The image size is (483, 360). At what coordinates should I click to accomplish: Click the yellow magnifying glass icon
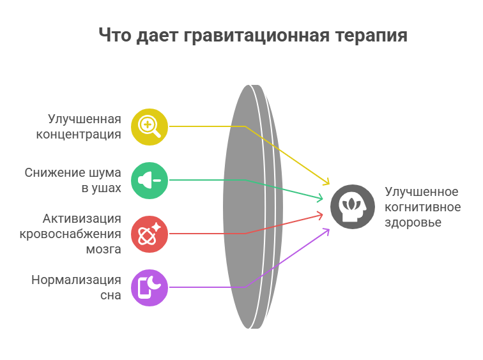pos(149,127)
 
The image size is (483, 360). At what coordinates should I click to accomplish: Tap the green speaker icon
pos(149,180)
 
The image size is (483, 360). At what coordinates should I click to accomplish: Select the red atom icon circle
pos(149,234)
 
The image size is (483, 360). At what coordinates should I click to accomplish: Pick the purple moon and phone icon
pos(149,288)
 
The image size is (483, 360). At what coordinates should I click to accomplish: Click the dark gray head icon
pos(353,207)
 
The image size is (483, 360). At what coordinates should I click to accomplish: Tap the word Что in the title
pos(115,35)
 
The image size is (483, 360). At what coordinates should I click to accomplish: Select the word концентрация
pos(79,135)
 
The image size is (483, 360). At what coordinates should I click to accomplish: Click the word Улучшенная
pos(84,119)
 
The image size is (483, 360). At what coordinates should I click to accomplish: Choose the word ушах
pos(105,188)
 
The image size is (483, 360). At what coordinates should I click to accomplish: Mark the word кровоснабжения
pos(70,234)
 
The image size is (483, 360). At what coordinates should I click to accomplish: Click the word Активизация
pos(82,219)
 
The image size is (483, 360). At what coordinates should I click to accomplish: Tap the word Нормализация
pos(76,280)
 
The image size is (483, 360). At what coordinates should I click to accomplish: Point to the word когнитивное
pos(423,207)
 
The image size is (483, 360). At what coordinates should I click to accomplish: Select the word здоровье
pos(413,223)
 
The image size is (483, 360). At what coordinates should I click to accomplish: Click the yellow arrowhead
pos(326,181)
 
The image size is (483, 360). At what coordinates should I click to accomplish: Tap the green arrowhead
pos(320,199)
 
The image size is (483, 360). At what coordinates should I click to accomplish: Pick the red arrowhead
pos(320,215)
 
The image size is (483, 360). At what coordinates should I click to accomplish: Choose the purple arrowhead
pos(326,232)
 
